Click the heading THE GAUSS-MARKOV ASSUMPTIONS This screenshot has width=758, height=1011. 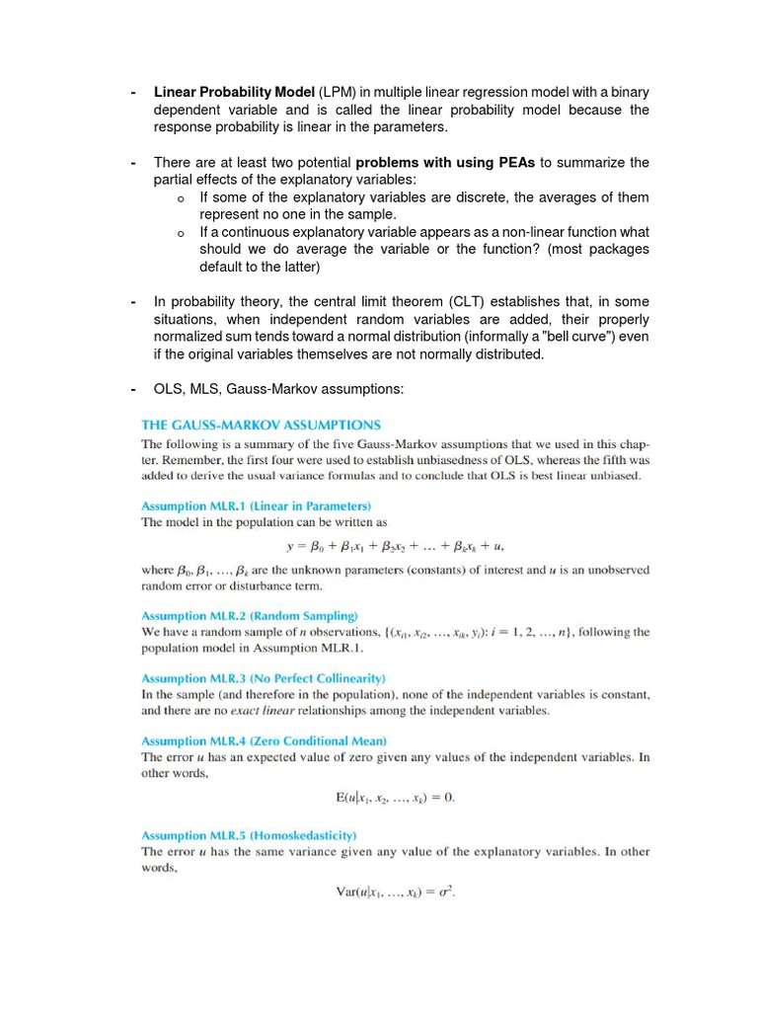tap(261, 426)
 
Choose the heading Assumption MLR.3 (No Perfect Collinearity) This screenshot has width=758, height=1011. tap(264, 678)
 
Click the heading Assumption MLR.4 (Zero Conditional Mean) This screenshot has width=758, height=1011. tap(264, 740)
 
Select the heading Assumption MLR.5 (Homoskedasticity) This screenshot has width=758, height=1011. tap(248, 834)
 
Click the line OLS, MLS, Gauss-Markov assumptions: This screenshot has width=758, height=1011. tap(279, 390)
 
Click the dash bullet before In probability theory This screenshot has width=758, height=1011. tap(133, 301)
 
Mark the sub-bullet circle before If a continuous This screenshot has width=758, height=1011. tap(181, 233)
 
